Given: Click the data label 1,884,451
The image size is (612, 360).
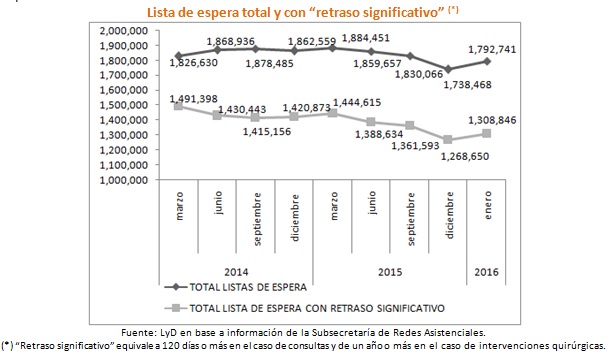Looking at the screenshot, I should (400, 38).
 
